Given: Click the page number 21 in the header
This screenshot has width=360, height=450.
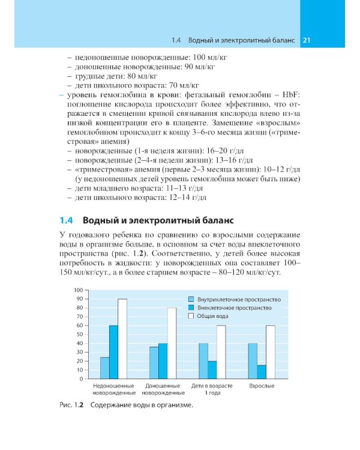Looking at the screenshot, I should coord(306,40).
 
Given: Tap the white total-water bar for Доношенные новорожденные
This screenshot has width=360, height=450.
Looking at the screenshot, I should coord(172,343).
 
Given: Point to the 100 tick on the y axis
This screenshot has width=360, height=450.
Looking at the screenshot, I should coord(78,290).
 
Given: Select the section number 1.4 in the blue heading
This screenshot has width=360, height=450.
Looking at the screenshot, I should coord(66,220).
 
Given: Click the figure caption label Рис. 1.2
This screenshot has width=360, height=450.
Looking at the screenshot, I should coord(73,406).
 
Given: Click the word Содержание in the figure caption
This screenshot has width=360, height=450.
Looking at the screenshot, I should coord(113,406).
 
